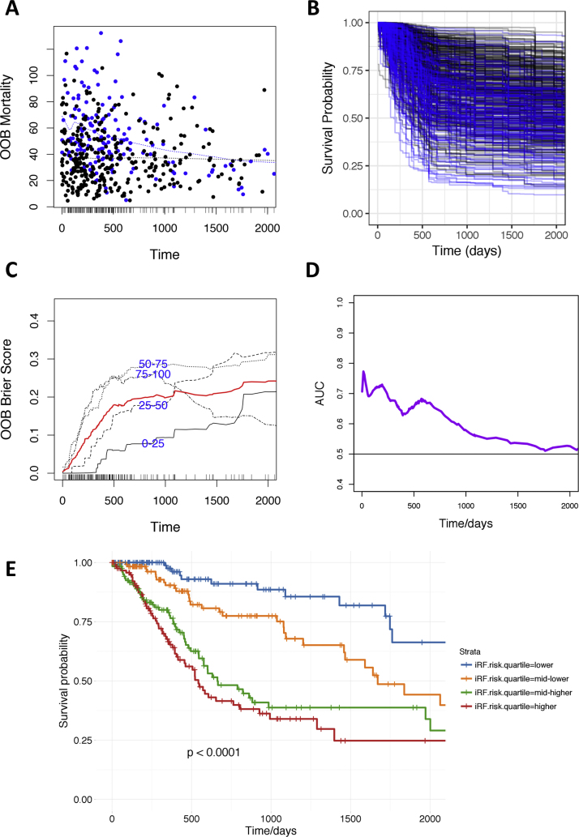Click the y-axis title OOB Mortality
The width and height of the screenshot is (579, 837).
[13, 115]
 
